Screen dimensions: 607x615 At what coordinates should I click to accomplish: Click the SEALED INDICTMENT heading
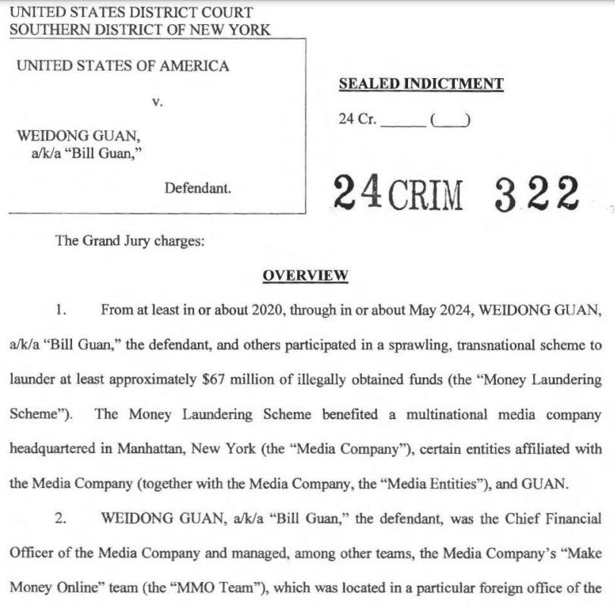pyautogui.click(x=420, y=84)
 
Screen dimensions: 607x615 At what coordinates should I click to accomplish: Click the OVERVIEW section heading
pyautogui.click(x=305, y=275)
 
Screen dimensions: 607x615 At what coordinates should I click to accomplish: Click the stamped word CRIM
pyautogui.click(x=426, y=196)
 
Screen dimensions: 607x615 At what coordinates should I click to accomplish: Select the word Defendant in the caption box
pyautogui.click(x=198, y=187)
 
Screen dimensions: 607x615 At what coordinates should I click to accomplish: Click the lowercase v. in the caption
pyautogui.click(x=157, y=102)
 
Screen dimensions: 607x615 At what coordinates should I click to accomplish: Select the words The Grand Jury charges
pyautogui.click(x=130, y=241)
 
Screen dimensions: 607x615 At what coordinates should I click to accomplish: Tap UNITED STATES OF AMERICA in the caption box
pyautogui.click(x=122, y=66)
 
